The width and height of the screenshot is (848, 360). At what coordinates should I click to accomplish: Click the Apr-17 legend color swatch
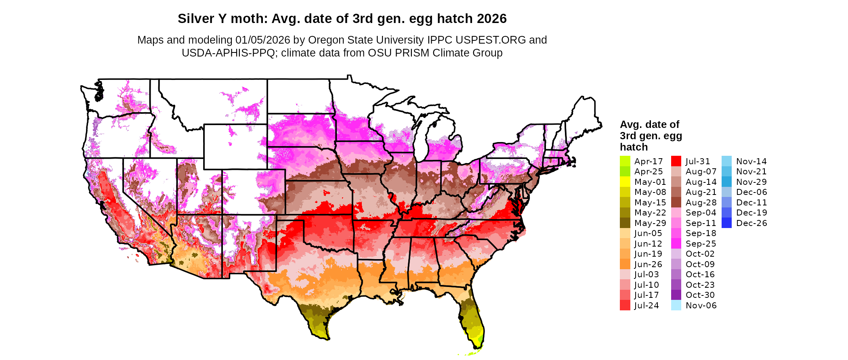(625, 161)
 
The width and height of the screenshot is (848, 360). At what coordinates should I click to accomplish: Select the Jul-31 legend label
(698, 161)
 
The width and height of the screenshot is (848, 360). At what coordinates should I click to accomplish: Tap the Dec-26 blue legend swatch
(726, 223)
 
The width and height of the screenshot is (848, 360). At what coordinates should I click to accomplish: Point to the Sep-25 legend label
(701, 244)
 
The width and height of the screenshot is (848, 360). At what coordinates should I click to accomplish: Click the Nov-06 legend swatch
(676, 306)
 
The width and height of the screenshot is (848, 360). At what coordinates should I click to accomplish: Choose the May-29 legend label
(650, 223)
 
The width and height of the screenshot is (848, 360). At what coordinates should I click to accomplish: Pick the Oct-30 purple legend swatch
(676, 295)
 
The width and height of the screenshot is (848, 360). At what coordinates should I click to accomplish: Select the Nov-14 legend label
(751, 161)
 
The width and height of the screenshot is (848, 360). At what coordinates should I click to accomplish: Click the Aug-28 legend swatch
(676, 203)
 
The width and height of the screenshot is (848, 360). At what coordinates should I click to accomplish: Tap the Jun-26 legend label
(648, 264)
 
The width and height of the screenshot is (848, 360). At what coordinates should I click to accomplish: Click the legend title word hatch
(634, 147)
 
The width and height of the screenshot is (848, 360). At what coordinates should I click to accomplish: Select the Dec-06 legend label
(751, 192)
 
